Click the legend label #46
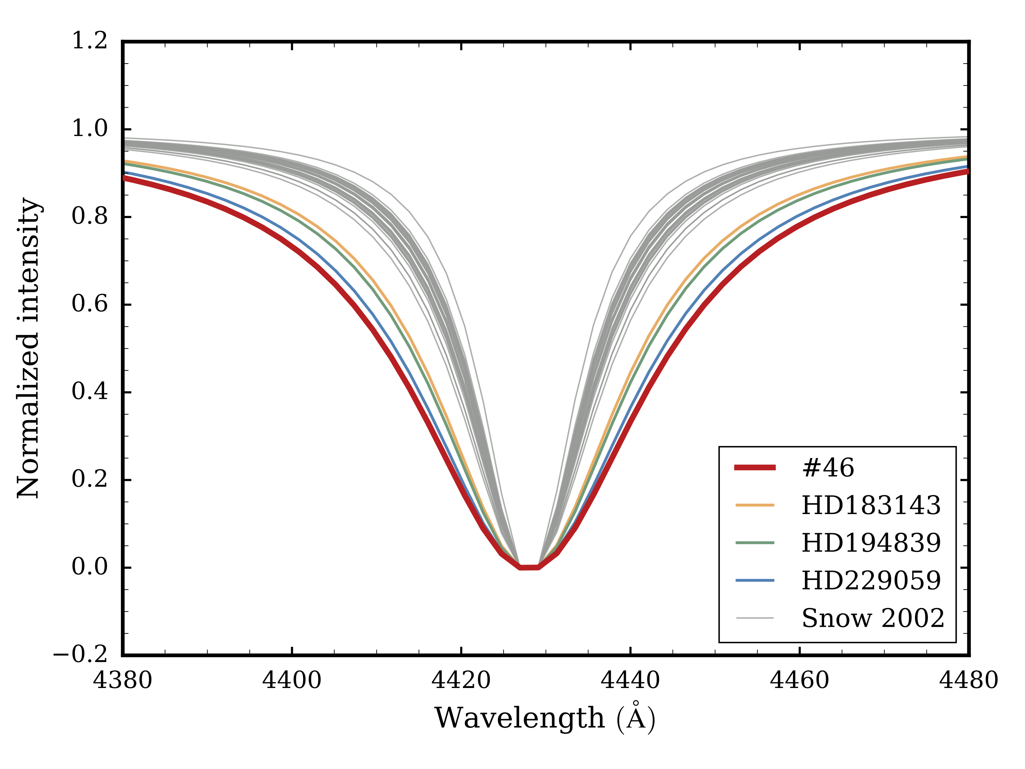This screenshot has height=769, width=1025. (828, 468)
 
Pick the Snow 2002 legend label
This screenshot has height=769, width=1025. (873, 618)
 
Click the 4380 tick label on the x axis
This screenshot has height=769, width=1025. (123, 680)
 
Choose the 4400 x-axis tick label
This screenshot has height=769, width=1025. (292, 680)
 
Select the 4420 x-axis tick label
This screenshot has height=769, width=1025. (461, 680)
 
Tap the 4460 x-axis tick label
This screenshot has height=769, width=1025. (799, 680)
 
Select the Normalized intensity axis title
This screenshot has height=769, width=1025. (29, 348)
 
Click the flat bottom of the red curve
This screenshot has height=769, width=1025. (529, 567)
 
